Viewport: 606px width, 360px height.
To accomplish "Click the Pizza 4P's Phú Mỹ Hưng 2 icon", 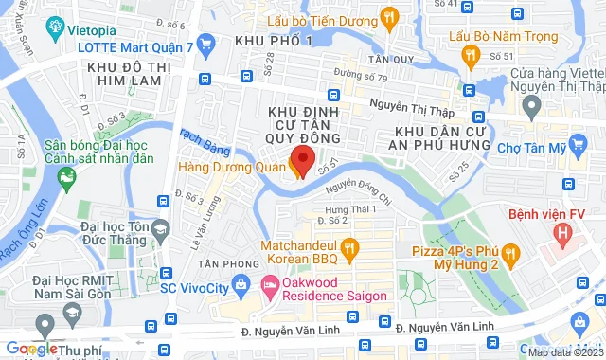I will pyautogui.click(x=512, y=253).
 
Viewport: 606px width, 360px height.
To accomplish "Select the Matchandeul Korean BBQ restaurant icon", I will pyautogui.click(x=349, y=249).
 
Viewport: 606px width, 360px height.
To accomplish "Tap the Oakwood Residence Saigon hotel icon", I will pyautogui.click(x=268, y=283).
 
